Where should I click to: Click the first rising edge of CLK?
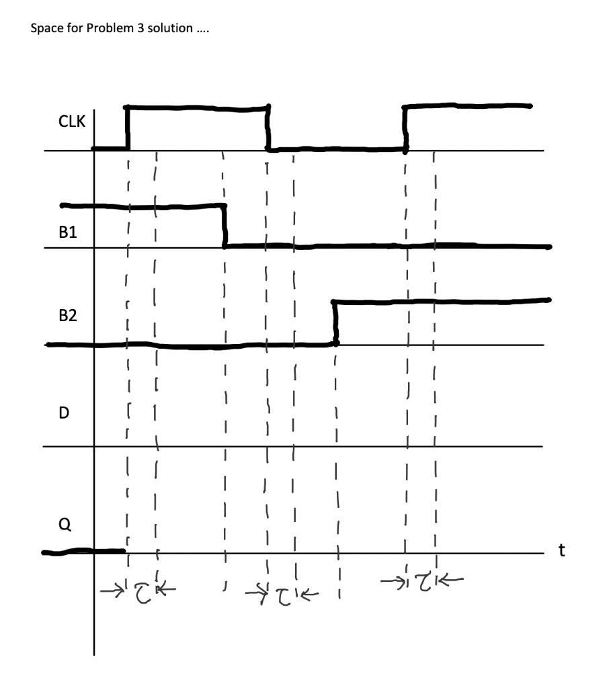[x=128, y=128]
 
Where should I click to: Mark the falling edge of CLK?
[x=268, y=128]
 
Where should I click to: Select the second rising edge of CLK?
[x=405, y=128]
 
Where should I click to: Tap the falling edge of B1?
[x=225, y=226]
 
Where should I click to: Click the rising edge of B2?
[x=335, y=323]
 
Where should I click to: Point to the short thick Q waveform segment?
[x=84, y=552]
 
